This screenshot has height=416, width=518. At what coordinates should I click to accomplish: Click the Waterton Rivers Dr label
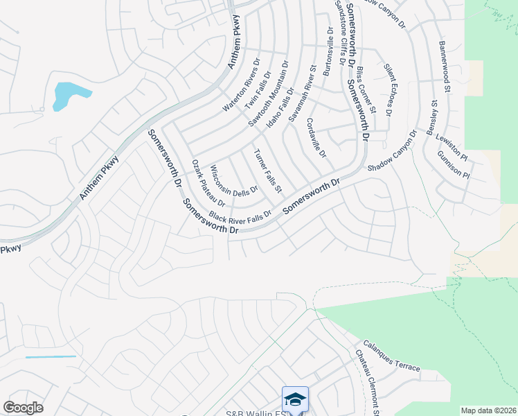(240, 85)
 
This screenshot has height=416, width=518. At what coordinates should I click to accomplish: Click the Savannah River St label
(303, 94)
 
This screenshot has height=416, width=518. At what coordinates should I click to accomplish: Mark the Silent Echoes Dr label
(388, 89)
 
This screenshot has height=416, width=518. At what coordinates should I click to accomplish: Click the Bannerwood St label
(445, 66)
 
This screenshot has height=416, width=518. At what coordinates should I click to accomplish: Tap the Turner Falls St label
(268, 171)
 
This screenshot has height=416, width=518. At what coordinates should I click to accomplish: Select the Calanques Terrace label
(392, 356)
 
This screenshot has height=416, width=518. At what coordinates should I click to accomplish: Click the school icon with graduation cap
(295, 400)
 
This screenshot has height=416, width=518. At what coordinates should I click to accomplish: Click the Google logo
(23, 407)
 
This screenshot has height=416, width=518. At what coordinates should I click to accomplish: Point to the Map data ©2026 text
(488, 410)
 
